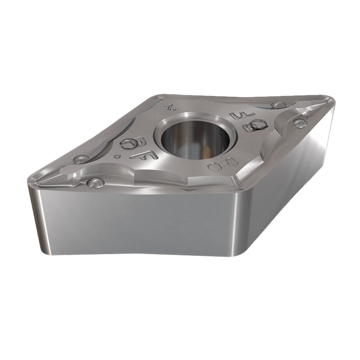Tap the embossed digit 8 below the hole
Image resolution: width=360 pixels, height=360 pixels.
click(230, 161)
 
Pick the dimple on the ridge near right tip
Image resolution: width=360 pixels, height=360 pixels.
click(299, 123)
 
